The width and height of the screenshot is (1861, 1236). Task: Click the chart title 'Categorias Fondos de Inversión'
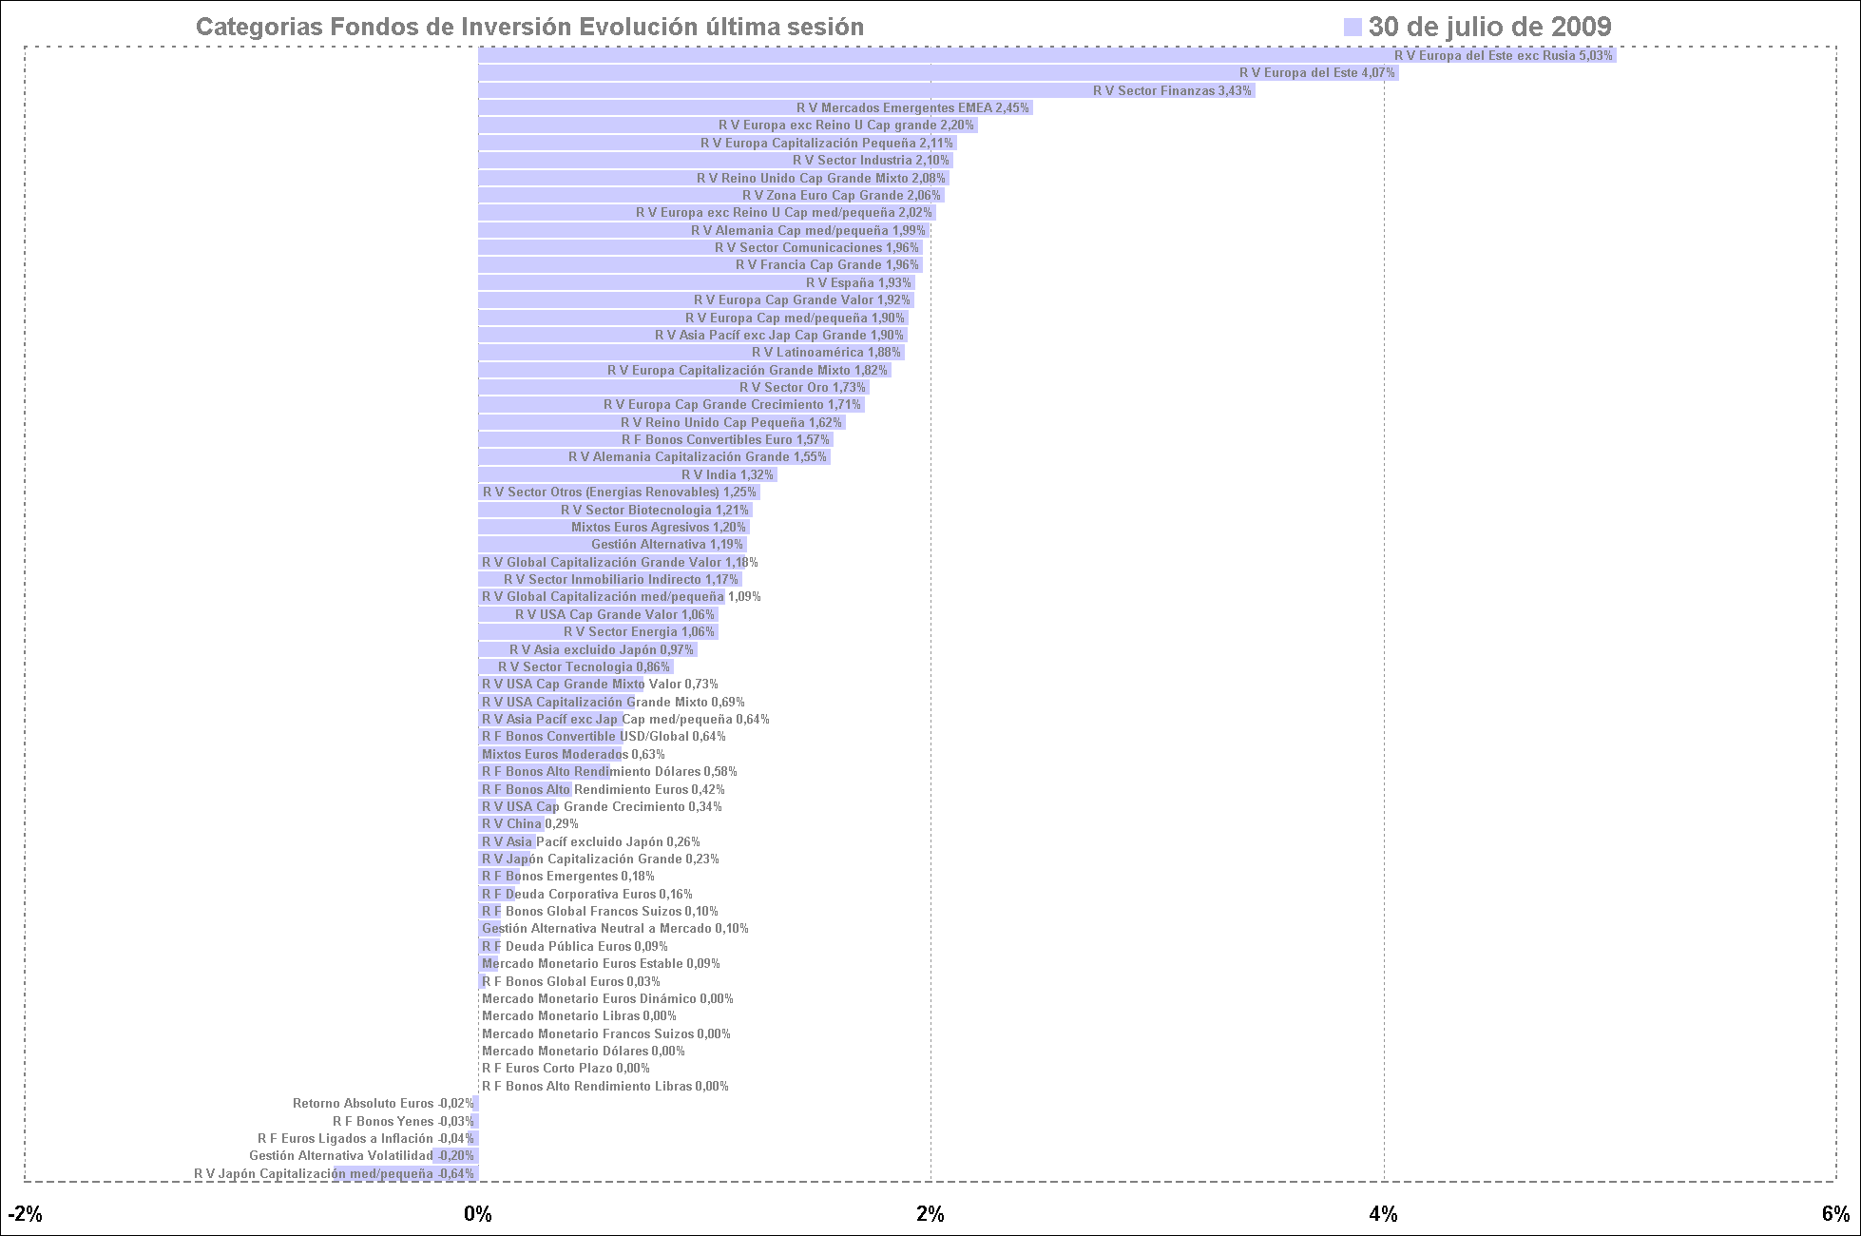[x=529, y=28]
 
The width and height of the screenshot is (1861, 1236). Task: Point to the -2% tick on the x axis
[x=25, y=1214]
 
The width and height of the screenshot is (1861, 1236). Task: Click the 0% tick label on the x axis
[x=477, y=1214]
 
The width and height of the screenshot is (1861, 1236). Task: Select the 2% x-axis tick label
[x=930, y=1214]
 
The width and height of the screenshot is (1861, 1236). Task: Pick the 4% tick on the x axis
[x=1384, y=1214]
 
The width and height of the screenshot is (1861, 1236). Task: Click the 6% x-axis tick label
[x=1835, y=1214]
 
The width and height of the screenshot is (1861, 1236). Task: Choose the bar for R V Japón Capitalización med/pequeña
[x=406, y=1174]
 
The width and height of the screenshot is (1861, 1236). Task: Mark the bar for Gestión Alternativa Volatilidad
[x=455, y=1156]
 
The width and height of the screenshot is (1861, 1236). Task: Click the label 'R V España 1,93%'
[x=859, y=283]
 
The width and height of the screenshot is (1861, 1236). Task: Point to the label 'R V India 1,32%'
[x=727, y=475]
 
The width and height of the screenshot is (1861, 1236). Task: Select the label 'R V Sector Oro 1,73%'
[x=802, y=388]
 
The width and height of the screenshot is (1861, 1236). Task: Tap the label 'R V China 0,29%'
[x=529, y=824]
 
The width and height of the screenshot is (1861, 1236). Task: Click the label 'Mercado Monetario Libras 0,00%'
[x=579, y=1016]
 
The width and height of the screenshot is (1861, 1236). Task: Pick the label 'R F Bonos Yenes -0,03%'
[x=403, y=1122]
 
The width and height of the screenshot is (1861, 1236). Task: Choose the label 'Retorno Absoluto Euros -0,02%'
[x=383, y=1104]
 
